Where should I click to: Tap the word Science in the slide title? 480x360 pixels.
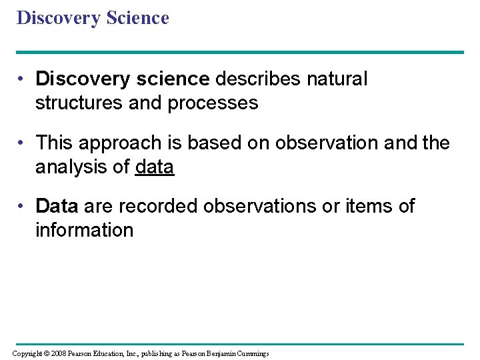136,18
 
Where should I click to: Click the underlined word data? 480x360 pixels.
155,167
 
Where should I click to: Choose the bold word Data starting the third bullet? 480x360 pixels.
57,207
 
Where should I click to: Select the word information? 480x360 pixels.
84,231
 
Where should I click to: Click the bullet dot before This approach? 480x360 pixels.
22,143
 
